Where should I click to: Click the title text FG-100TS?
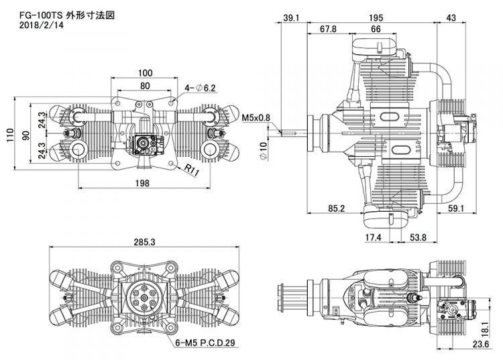(28, 15)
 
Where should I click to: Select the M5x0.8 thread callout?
(256, 117)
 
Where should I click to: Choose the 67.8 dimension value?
(329, 29)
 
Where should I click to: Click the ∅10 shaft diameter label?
(264, 147)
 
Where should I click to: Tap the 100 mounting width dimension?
(145, 72)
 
